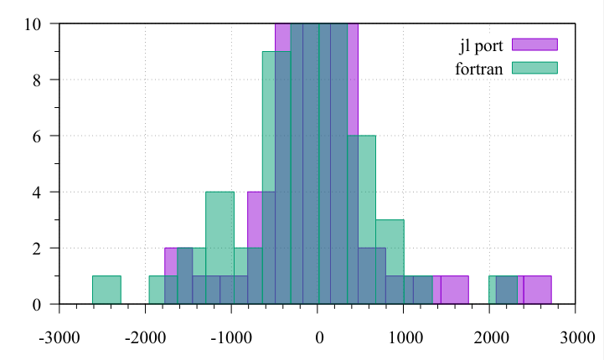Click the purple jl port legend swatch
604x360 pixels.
tap(534, 44)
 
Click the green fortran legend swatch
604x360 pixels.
tap(534, 68)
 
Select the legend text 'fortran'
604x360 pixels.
tap(479, 69)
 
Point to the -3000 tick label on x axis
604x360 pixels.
tap(59, 338)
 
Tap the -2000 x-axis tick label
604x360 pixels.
tap(146, 338)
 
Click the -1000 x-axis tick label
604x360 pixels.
tap(232, 338)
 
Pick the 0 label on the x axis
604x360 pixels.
tap(318, 338)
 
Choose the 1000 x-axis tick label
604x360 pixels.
tap(404, 338)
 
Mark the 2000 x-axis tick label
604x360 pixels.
tap(490, 338)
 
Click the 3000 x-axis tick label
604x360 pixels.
tap(576, 338)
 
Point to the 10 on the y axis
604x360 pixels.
tap(34, 23)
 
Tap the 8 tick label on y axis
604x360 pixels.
tap(37, 80)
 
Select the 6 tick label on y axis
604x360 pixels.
tap(37, 136)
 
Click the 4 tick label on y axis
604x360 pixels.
tap(37, 192)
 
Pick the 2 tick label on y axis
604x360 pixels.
tap(37, 248)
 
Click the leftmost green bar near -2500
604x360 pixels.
tap(106, 290)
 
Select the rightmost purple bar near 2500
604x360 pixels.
tap(537, 290)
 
